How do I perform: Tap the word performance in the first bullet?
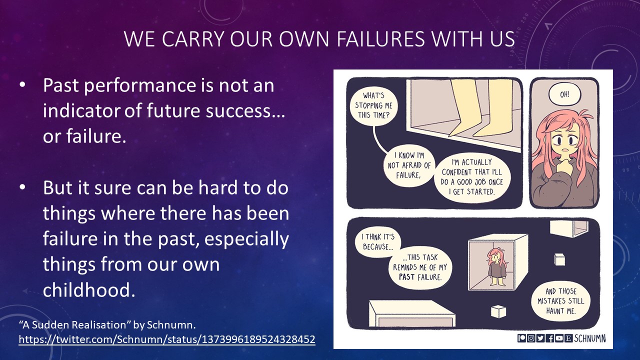139,85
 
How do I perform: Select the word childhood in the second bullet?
89,289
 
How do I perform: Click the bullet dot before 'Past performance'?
22,85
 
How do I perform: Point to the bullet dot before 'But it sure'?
22,187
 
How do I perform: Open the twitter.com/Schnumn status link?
167,339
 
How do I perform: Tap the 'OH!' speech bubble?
564,94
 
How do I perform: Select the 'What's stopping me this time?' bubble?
373,105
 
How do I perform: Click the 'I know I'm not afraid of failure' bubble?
409,165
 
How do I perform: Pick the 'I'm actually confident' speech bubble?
471,177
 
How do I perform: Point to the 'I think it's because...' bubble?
377,241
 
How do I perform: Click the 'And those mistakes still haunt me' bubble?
560,301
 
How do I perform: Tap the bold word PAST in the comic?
407,277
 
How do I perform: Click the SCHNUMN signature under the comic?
589,338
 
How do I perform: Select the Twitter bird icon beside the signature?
540,338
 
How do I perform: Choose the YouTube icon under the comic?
559,338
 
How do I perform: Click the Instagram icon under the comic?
531,338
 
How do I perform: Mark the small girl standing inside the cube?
497,266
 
